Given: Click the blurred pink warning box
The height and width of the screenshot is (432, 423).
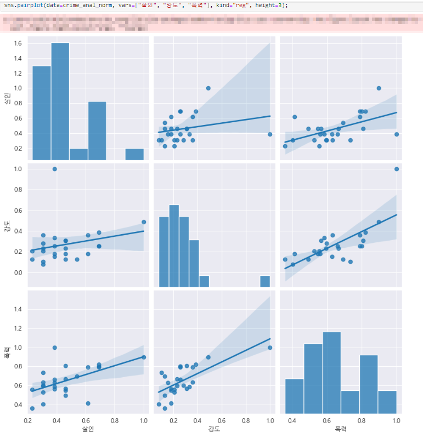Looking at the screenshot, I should [x=211, y=24].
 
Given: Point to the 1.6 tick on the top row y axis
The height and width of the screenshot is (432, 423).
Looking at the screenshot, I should [x=18, y=43].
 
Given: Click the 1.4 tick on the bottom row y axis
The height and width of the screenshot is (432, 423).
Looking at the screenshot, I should [x=18, y=309].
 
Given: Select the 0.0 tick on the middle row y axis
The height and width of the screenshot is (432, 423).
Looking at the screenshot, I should [x=18, y=272].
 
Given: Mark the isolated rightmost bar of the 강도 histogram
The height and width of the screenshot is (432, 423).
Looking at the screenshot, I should [x=264, y=281].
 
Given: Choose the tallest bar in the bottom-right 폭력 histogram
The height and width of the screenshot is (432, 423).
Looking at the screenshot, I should [x=331, y=373].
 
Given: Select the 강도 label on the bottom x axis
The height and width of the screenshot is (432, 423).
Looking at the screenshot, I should [x=214, y=428].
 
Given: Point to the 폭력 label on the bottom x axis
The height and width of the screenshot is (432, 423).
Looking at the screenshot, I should [x=341, y=428].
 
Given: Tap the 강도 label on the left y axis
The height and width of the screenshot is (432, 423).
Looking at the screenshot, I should [x=7, y=226].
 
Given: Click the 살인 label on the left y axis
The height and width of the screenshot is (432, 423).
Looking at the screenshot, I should [x=7, y=99].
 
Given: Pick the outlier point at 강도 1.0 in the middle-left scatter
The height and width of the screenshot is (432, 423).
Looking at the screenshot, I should [x=54, y=169].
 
